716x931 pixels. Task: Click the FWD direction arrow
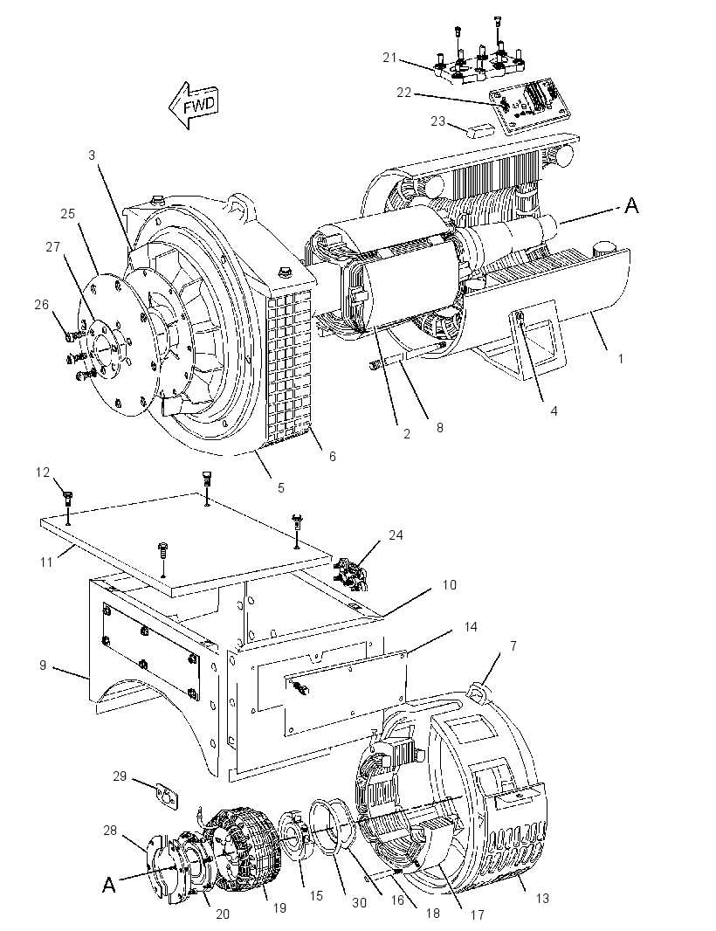(194, 105)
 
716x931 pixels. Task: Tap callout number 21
(389, 58)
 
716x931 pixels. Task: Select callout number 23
(437, 121)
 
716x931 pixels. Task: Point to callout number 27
(53, 246)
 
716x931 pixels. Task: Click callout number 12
(43, 472)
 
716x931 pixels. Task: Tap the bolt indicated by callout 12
(68, 499)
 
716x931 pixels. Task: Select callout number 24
(396, 535)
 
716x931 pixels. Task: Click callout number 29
(120, 776)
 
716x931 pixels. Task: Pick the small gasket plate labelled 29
(167, 796)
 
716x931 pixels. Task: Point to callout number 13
(542, 899)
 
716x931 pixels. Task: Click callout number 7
(513, 645)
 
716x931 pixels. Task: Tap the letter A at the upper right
(631, 205)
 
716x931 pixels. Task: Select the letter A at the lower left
(108, 886)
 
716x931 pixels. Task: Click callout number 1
(621, 359)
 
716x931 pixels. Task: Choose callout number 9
(43, 665)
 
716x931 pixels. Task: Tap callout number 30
(359, 902)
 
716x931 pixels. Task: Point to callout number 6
(333, 456)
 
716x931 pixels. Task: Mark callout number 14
(471, 627)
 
